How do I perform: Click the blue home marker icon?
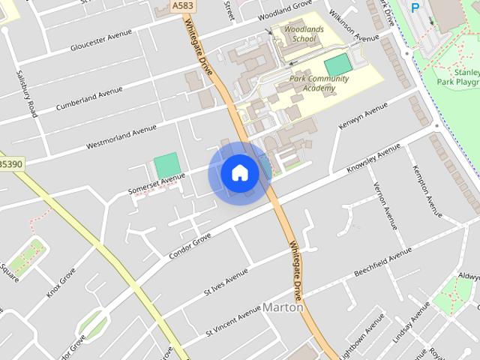[239, 172]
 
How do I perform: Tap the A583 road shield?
[181, 6]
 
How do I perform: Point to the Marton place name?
[283, 307]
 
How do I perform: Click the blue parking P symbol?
[415, 7]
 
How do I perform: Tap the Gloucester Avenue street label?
[100, 41]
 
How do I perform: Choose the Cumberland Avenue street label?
[89, 99]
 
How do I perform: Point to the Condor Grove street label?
[190, 244]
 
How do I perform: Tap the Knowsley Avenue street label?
[374, 158]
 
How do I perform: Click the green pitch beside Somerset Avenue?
[166, 166]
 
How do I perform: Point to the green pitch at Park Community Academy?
[337, 64]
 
